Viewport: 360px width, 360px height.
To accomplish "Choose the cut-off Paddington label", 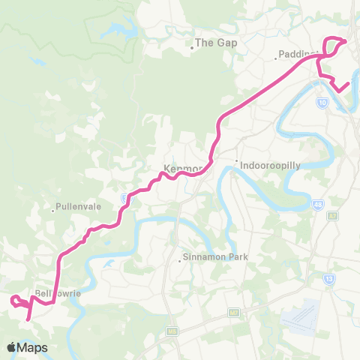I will click(298, 55).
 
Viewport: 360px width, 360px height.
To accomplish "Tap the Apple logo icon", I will click(12, 347).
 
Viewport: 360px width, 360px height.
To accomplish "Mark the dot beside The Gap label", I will click(192, 47).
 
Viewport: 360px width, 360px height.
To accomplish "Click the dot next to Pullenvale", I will click(53, 211).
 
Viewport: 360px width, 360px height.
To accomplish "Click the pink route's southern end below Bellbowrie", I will click(28, 319).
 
